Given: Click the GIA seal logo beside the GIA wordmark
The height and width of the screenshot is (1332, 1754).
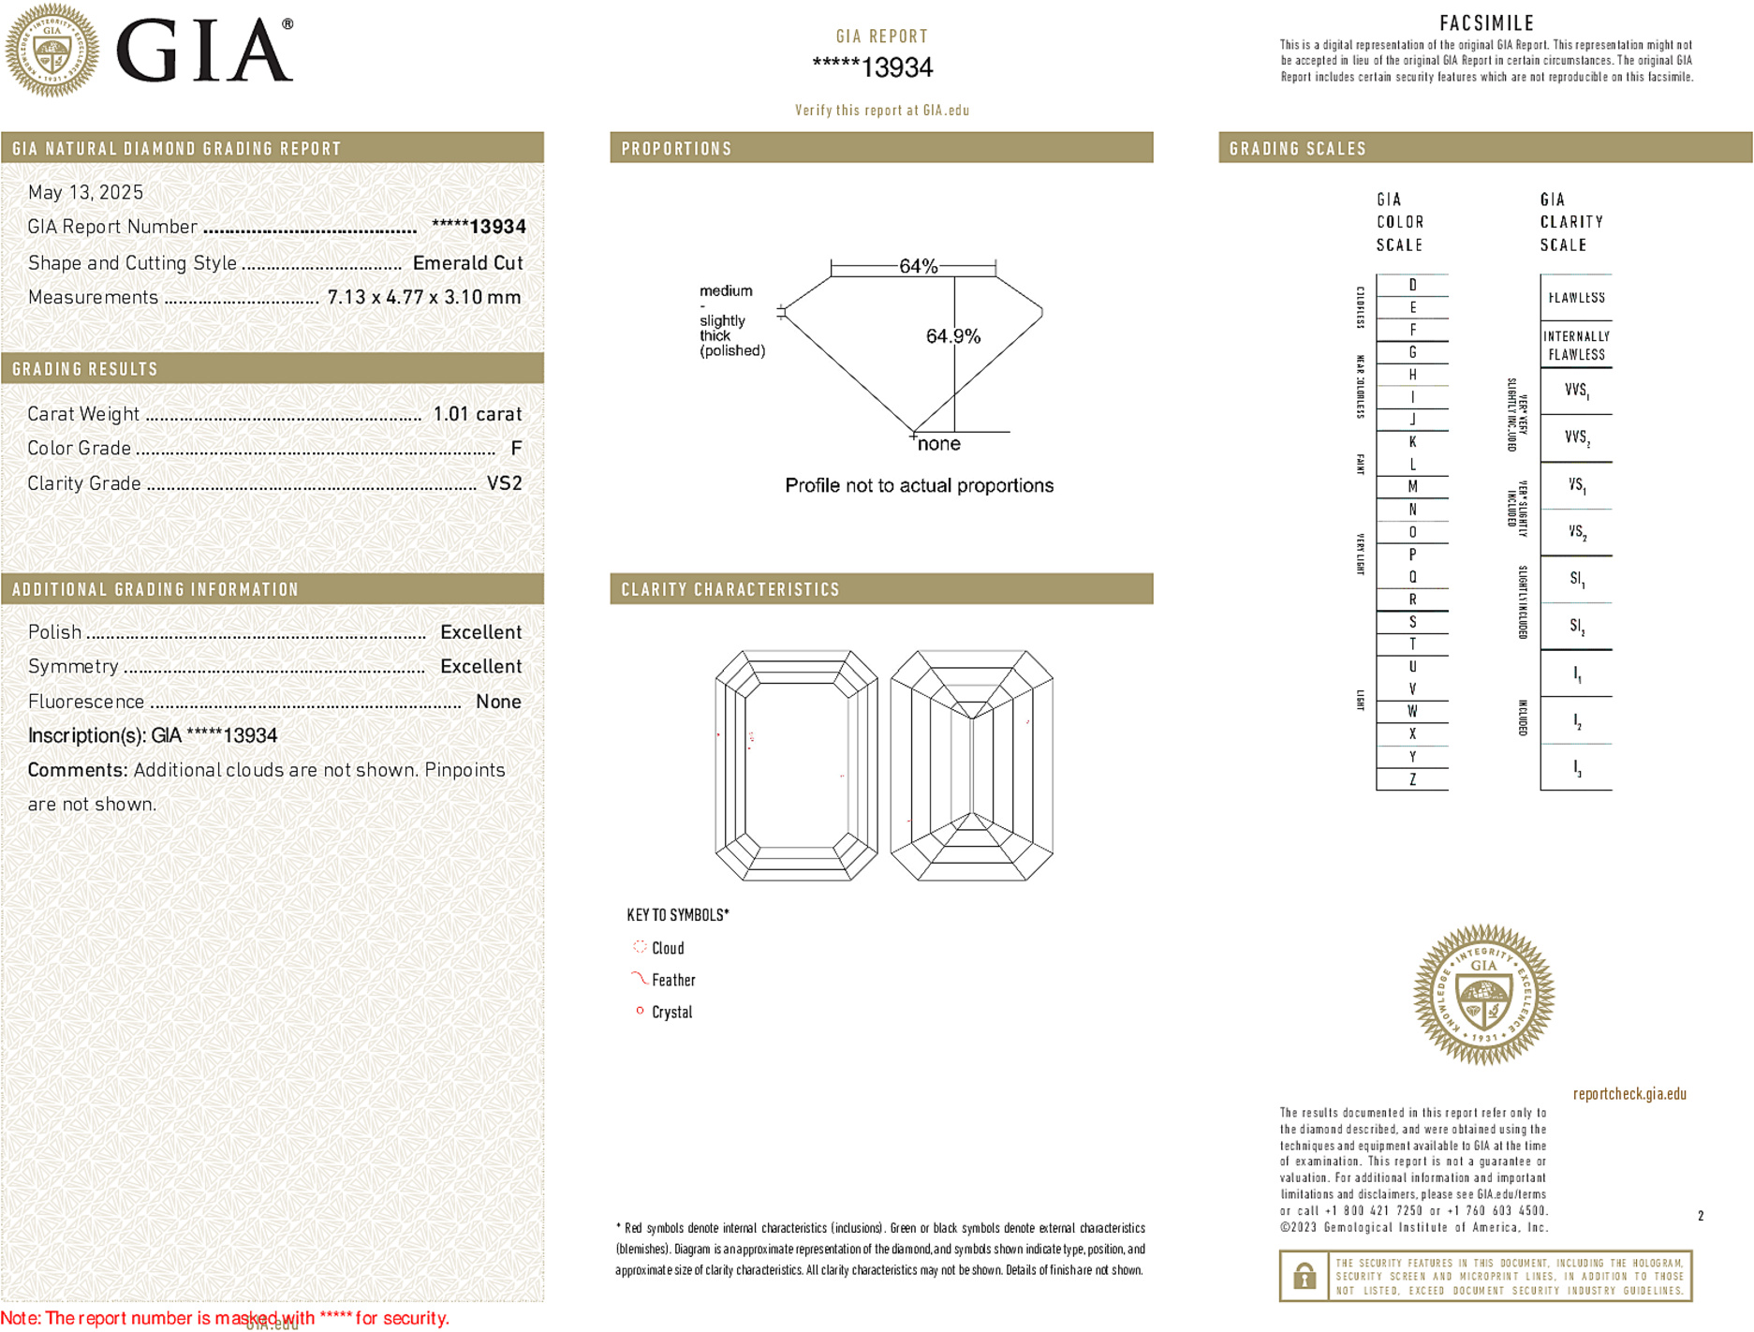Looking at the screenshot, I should pos(52,51).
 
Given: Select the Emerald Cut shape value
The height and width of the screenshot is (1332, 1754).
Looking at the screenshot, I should pos(467,263).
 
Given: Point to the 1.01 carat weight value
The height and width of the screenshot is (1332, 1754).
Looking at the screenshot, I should pos(477,414).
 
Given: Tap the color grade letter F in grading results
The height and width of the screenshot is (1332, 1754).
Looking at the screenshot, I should pos(516,449).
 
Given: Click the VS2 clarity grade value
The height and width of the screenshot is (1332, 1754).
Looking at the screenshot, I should pos(504,483).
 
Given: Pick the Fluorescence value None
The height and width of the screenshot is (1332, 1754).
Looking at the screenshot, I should pos(498,702).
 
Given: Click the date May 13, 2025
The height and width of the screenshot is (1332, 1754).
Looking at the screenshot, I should pos(85,192).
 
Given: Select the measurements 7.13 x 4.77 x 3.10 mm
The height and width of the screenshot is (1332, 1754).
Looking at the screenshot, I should pos(423,297).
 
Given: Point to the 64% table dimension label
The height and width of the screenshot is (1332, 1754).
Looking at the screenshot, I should pos(918,266).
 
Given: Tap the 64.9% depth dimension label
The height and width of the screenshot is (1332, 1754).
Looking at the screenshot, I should pos(952,336).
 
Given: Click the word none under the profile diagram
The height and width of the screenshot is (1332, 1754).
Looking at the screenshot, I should pos(938,444).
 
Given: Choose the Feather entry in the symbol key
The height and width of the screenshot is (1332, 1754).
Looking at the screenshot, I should pos(672,980).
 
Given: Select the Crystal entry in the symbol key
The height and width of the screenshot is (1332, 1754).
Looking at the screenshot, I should pos(671,1012).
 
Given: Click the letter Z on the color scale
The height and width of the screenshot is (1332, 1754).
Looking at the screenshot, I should pos(1412,779).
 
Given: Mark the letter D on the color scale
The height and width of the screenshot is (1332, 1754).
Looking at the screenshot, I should pos(1412,285).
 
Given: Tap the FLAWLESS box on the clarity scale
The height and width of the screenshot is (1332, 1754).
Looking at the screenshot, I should pos(1576,298).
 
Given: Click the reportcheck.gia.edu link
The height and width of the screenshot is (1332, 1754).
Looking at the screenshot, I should pos(1629,1093).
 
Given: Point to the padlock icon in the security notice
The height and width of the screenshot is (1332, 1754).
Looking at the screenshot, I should pos(1304,1276).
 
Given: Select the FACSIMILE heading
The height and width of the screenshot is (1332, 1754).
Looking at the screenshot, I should pos(1486,23).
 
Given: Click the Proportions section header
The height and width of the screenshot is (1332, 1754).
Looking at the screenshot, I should pos(676,149).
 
